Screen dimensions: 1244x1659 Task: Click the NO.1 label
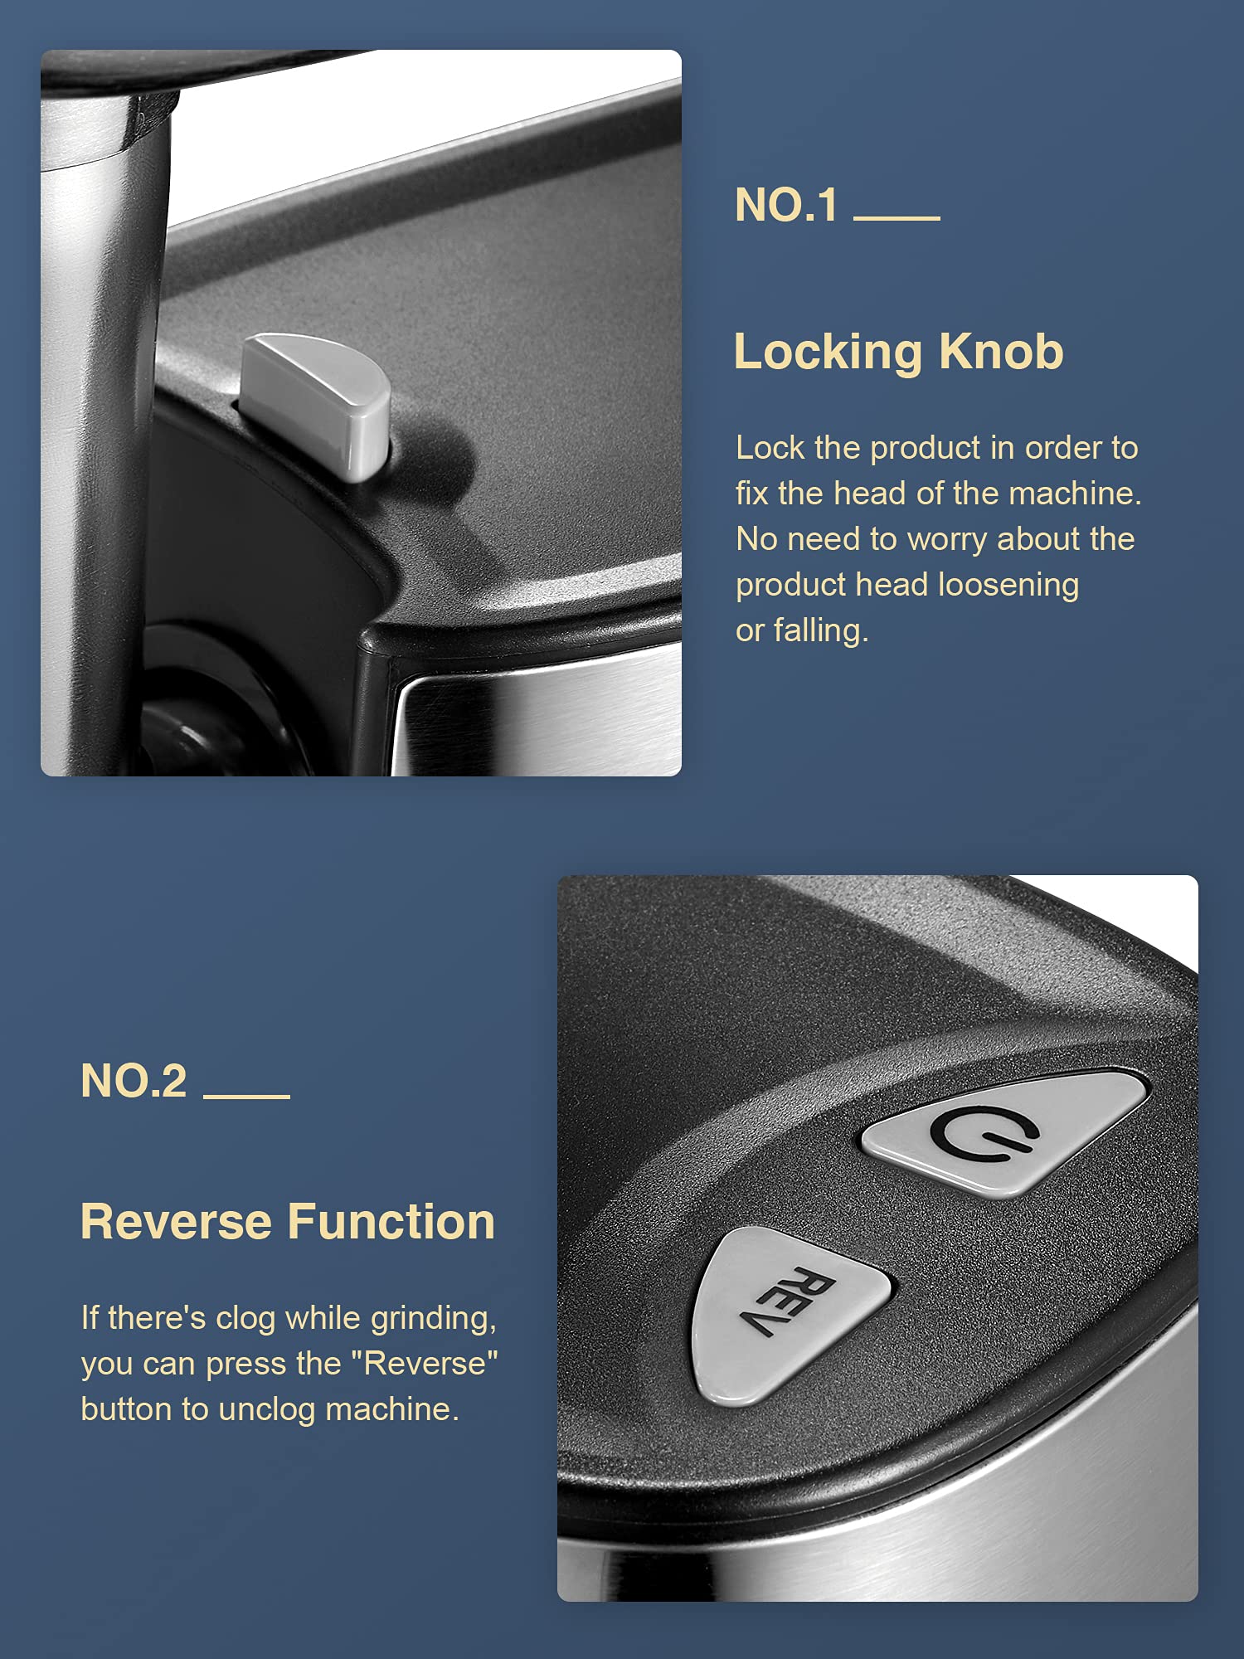click(x=786, y=205)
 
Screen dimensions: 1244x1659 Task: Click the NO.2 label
click(x=134, y=1081)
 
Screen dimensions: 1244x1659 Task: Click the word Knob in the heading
click(x=1001, y=352)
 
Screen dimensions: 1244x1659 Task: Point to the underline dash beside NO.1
click(x=897, y=218)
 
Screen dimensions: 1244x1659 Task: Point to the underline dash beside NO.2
click(x=246, y=1096)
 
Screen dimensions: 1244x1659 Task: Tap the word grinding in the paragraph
click(x=433, y=1319)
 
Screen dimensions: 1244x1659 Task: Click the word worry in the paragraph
click(x=947, y=540)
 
